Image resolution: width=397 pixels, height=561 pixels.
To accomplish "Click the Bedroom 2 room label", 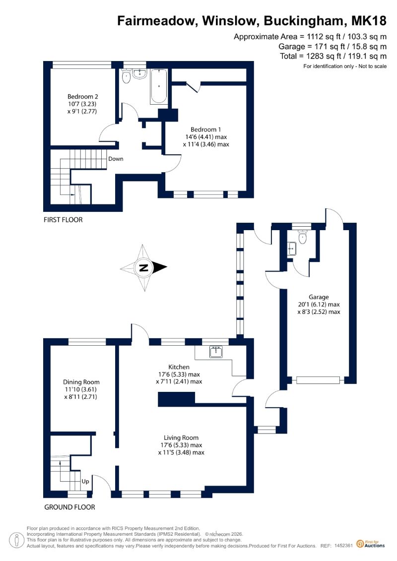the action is point(83,97).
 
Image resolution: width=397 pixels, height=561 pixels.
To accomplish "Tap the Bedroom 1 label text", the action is point(205,129).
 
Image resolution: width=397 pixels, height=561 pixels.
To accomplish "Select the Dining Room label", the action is point(81,382).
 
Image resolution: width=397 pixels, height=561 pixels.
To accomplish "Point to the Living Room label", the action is point(181,437).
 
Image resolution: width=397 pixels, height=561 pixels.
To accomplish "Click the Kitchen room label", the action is point(179,367).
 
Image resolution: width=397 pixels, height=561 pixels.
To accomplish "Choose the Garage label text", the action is point(319,297).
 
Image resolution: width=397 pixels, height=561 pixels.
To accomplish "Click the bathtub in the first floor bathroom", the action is point(159,86).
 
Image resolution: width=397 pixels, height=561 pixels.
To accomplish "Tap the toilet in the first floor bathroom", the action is point(126,76).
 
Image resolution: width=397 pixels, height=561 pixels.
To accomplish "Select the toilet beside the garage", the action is point(303,237).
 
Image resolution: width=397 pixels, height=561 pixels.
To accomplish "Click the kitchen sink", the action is point(216,352).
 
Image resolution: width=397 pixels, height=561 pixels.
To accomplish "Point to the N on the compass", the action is point(143,268).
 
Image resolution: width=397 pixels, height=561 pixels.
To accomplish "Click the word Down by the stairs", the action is point(116,159).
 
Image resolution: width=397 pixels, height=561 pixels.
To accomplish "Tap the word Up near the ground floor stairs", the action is point(85,482).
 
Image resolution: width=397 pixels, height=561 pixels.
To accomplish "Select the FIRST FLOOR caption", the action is point(63,220).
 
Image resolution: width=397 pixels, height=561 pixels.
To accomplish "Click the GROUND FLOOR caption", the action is point(70,507).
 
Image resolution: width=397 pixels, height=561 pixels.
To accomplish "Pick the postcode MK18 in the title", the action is point(369,21).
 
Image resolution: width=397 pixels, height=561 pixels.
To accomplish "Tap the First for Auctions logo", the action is point(371,545).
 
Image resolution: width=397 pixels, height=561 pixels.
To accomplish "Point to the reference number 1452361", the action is point(344,546).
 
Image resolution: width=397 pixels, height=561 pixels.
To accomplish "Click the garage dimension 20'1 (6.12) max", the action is point(319,305).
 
